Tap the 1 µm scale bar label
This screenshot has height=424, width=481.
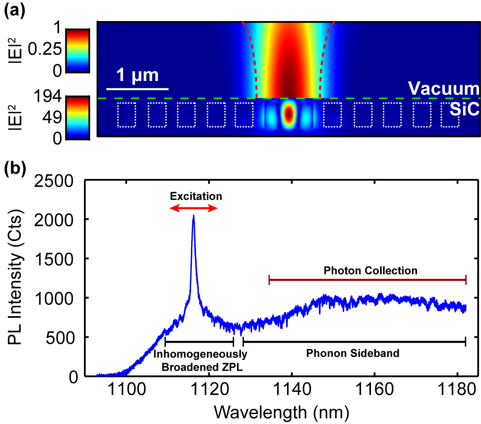point(137,76)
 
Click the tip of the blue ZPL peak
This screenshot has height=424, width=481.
point(193,216)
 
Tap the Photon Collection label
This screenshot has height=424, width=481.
point(370,271)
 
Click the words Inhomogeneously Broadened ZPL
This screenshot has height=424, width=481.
point(200,360)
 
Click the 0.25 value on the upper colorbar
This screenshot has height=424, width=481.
point(45,50)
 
